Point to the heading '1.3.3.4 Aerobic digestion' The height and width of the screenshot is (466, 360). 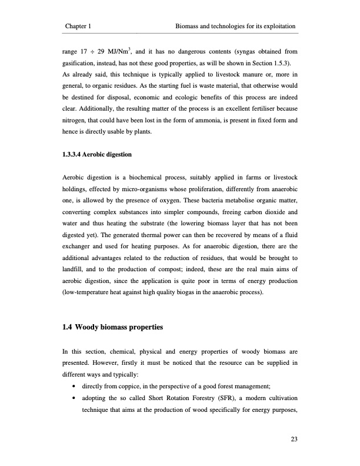pyautogui.click(x=97, y=155)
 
